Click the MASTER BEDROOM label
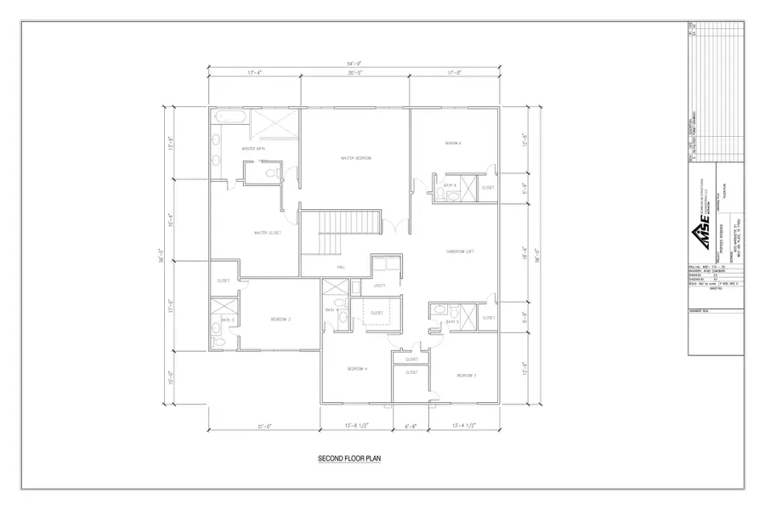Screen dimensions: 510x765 click(x=355, y=158)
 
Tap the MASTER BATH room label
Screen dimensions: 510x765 click(x=254, y=149)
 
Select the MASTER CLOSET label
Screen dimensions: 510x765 click(x=268, y=233)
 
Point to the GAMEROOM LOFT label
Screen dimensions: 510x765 click(x=460, y=252)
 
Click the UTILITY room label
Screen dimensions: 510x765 click(x=380, y=286)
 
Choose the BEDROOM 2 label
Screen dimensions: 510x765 click(x=280, y=320)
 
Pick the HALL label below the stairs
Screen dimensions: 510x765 click(x=316, y=267)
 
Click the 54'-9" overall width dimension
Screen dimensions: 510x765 click(x=355, y=64)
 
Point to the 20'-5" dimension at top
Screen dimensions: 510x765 click(x=356, y=74)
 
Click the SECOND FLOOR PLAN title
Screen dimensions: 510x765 click(x=349, y=458)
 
